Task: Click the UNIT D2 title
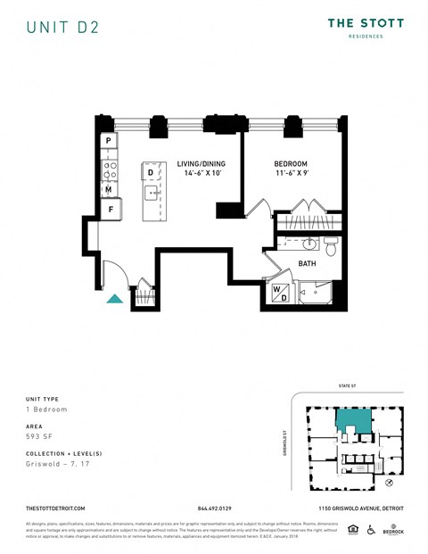pos(62,27)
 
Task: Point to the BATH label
pos(307,264)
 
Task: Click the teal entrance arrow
pos(115,299)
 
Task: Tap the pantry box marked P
pos(108,141)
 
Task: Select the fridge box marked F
pos(111,210)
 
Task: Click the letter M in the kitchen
pos(108,189)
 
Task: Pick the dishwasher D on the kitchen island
pos(151,172)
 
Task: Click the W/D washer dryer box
pos(279,293)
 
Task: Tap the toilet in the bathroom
pos(330,245)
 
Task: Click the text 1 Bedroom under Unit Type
pos(46,409)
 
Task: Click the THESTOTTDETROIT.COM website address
pos(55,509)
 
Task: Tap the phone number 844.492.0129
pos(214,509)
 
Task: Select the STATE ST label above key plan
pos(347,386)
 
